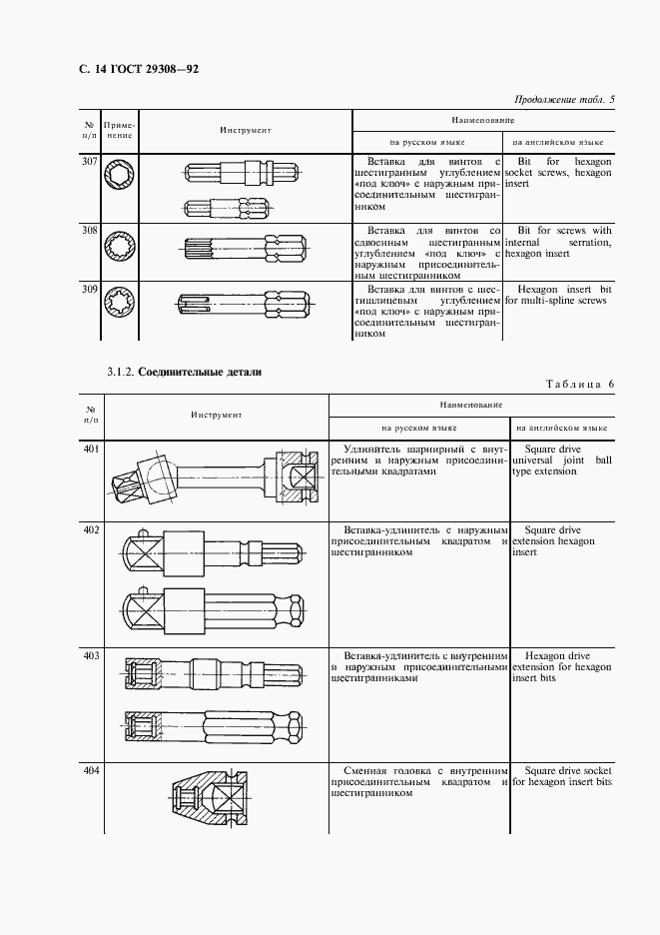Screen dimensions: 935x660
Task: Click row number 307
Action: pos(90,161)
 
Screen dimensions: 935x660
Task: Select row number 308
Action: pos(90,231)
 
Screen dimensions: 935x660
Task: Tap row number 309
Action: pos(90,291)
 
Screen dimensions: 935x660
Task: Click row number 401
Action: pos(91,450)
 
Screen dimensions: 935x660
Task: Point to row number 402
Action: pos(91,529)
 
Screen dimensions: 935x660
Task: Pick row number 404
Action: pos(91,773)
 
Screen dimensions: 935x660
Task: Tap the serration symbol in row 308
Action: pos(121,243)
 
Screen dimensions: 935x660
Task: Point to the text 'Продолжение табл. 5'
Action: pos(564,98)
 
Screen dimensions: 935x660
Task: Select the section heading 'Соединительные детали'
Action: pos(200,372)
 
